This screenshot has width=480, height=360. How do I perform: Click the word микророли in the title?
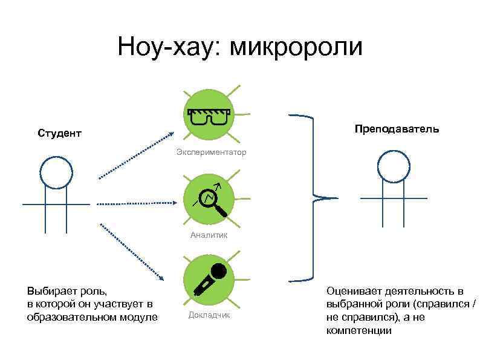coord(296,47)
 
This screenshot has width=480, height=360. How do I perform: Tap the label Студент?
coord(59,133)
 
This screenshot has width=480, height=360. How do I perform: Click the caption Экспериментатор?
coord(211,152)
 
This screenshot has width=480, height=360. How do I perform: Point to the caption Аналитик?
coord(209,235)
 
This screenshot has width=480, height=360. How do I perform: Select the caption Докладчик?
coord(209,315)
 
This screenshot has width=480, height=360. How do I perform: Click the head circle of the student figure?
coord(56,172)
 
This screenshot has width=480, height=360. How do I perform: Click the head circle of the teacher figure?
coord(393,166)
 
